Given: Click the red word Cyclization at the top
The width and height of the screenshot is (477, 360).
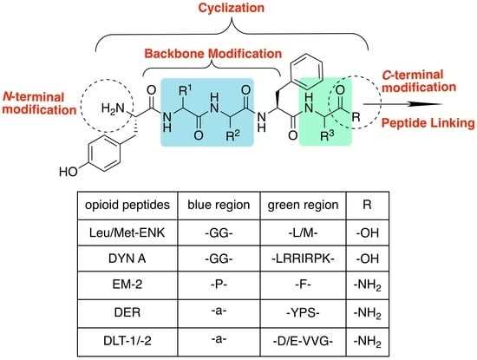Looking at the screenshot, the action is click(232, 8).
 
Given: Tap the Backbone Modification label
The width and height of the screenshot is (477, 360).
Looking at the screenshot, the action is click(213, 54).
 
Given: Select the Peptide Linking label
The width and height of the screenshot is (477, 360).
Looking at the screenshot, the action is click(428, 123).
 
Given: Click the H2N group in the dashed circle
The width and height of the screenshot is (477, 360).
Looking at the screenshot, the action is click(113, 108).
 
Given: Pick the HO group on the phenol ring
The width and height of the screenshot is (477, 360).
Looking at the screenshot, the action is click(69, 172).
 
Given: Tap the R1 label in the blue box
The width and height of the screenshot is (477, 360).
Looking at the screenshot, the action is click(186, 89).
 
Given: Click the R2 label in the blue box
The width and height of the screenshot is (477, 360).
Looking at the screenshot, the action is click(232, 135).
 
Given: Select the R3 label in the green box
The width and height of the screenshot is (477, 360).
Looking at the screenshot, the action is click(327, 135).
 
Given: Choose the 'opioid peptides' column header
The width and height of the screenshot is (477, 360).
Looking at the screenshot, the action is click(127, 205).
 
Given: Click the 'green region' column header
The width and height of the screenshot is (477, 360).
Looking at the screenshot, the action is click(303, 205).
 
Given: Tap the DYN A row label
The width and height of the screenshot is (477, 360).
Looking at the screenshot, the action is click(127, 259).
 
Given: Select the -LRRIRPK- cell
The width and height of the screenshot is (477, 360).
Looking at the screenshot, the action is click(303, 259).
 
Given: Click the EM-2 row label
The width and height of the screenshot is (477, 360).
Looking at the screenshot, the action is click(127, 285).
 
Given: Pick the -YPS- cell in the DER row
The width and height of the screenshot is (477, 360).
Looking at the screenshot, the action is click(303, 312).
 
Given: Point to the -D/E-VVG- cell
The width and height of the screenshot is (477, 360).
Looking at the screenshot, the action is click(303, 341).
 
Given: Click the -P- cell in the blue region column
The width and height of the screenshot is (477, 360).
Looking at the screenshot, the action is click(219, 285).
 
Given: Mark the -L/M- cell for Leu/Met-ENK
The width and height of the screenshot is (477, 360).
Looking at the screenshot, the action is click(303, 232).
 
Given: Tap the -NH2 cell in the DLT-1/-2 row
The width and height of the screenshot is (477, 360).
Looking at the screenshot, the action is click(367, 342).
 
